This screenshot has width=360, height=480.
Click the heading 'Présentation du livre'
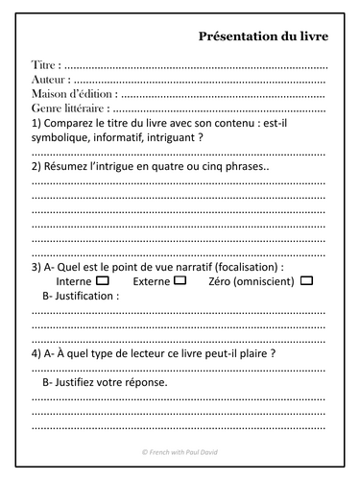(x=263, y=36)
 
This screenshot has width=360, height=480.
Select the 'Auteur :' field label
(x=54, y=80)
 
